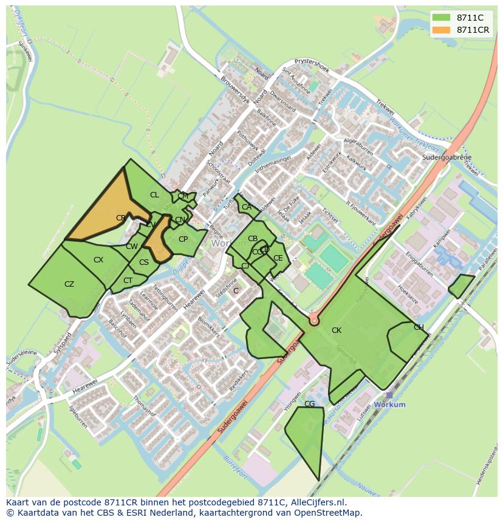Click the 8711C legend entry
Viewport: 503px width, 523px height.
[x=462, y=17]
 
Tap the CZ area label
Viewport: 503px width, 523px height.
[x=69, y=284]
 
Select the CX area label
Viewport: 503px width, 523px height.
[x=98, y=260]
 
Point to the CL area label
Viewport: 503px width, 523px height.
[x=154, y=195]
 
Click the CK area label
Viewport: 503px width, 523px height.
[x=337, y=330]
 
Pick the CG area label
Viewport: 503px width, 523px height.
[x=309, y=404]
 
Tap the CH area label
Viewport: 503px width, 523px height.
[x=419, y=327]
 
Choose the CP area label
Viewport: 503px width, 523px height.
[x=183, y=239]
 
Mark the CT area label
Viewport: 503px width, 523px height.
[x=128, y=281]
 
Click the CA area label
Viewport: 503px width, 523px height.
[x=246, y=207]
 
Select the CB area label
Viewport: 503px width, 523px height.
[x=253, y=239]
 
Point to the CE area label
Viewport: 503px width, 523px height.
[x=278, y=258]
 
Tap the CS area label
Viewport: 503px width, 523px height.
[x=144, y=263]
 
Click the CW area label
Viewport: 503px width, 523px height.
[x=132, y=247]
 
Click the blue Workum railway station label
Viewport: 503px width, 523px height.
[x=389, y=405]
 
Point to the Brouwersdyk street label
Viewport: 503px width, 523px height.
[x=233, y=89]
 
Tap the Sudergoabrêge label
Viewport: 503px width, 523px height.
[x=447, y=157]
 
